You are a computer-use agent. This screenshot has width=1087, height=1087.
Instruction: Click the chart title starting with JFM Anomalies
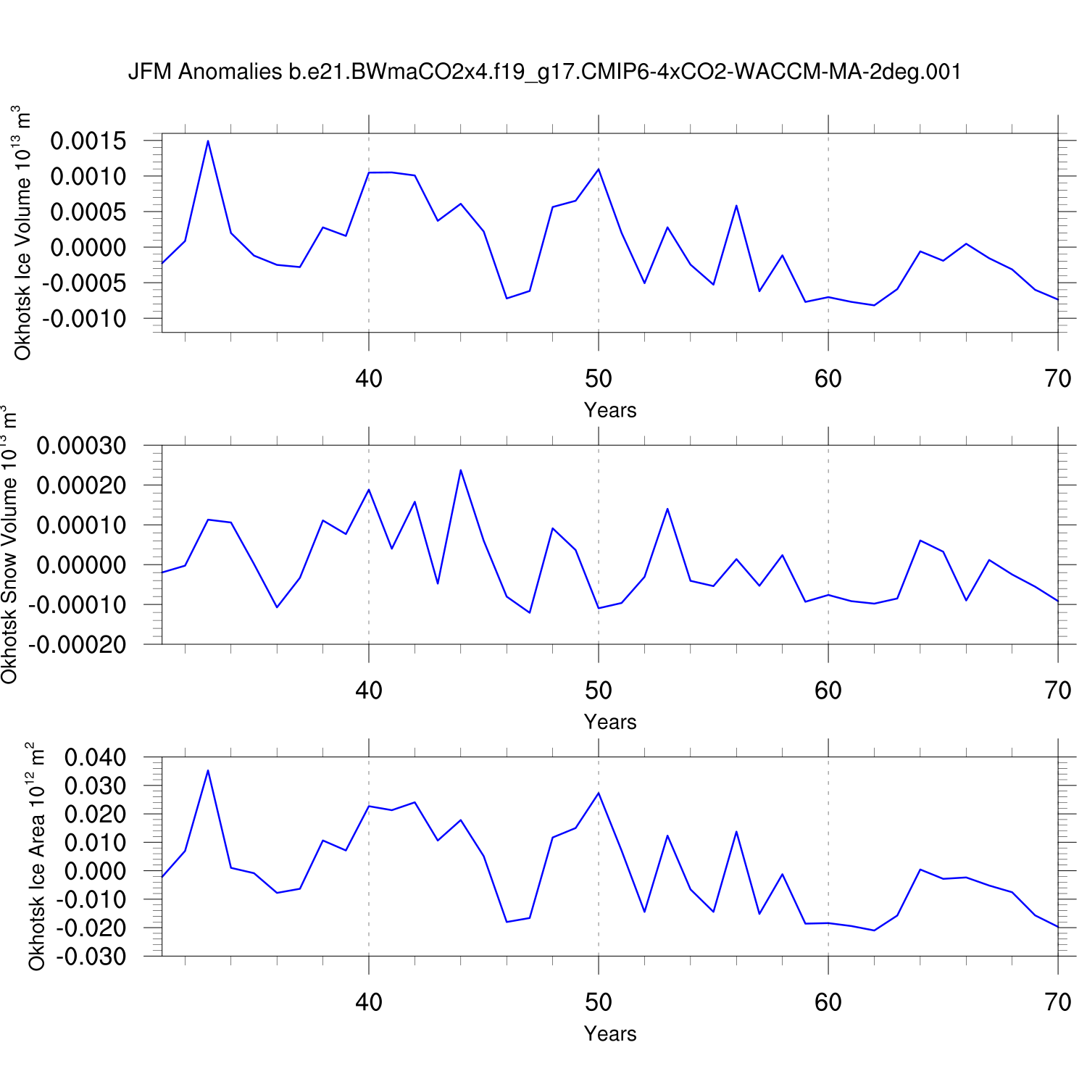[544, 72]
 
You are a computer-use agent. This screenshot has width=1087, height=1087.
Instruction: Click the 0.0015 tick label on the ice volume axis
[88, 141]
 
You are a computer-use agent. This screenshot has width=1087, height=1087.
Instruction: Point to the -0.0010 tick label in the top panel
[84, 319]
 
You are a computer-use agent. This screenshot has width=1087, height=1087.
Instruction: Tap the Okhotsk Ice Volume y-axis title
[22, 233]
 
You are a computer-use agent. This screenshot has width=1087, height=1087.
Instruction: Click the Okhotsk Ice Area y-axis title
[36, 857]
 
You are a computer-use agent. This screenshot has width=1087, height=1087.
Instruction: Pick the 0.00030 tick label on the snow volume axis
[81, 446]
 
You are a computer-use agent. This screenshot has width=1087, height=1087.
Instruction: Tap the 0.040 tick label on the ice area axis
[95, 758]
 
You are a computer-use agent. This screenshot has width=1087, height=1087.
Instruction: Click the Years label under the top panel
[610, 410]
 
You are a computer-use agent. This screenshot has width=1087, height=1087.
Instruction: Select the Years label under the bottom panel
[610, 1033]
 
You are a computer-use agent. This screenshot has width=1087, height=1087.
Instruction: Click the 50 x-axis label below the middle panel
[599, 691]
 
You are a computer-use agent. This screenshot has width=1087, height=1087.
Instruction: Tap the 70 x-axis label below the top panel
[1058, 378]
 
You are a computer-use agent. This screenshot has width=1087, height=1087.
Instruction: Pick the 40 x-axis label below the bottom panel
[369, 1002]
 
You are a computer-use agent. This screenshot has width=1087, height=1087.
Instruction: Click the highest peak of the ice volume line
[208, 141]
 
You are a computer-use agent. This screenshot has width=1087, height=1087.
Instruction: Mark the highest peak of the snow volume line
[461, 470]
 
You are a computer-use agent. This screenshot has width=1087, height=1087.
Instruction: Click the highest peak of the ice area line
[208, 770]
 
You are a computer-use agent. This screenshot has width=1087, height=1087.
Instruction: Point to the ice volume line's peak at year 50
[599, 169]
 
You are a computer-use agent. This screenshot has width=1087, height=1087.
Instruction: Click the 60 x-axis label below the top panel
[828, 378]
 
